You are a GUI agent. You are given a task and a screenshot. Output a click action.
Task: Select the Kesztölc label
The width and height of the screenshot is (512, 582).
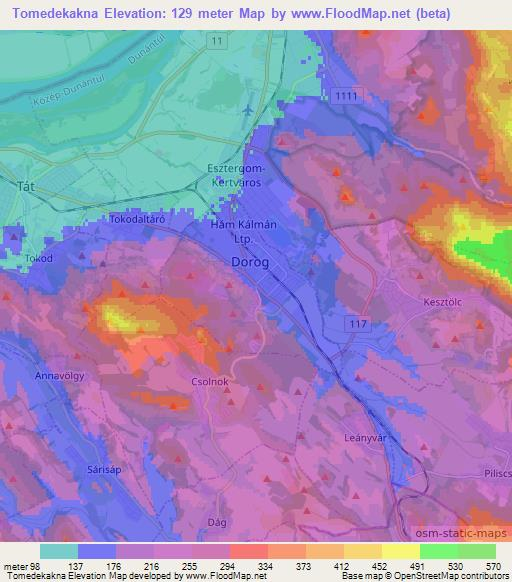pyautogui.click(x=444, y=299)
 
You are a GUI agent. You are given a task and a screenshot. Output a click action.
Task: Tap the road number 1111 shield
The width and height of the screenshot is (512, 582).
pyautogui.click(x=347, y=93)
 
